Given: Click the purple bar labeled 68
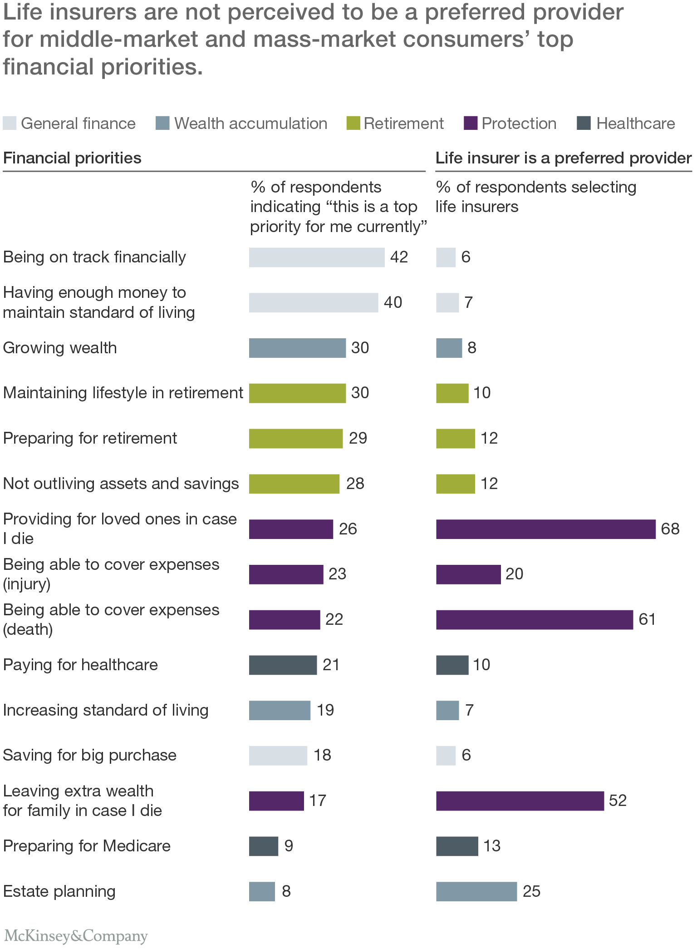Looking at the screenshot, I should click(545, 529).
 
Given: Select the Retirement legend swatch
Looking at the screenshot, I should click(353, 123).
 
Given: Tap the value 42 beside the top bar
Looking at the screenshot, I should click(399, 257).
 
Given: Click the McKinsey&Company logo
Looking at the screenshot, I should click(76, 936).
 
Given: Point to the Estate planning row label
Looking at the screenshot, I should click(59, 891).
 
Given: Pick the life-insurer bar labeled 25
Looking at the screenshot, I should click(476, 891).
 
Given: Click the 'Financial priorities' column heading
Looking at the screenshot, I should click(72, 158).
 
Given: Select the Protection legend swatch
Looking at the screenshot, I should click(471, 123).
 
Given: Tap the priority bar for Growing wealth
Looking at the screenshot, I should click(297, 348).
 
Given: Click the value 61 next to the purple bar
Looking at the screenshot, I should click(647, 619).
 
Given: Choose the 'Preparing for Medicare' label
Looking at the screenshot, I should click(87, 846).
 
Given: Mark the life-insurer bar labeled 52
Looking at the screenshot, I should click(520, 801).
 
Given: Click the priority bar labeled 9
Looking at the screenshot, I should click(263, 846).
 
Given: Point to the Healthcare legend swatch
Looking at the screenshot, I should click(584, 123).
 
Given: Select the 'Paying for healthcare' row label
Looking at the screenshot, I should click(80, 665).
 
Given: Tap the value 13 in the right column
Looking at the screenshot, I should click(491, 846).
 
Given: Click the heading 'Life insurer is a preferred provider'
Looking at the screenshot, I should click(563, 158).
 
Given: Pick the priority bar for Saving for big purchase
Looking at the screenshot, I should click(278, 756).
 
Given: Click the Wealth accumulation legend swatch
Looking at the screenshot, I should click(162, 123).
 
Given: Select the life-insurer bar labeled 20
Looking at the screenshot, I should click(468, 574).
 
